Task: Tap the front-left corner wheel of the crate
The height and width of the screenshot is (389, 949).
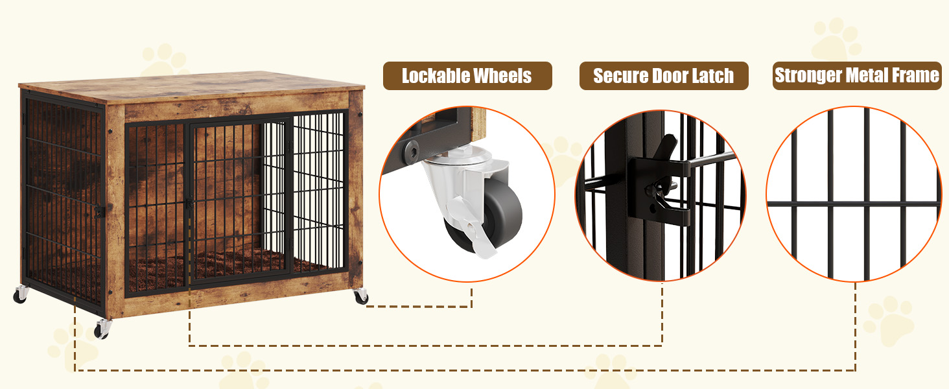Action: [x=102, y=329]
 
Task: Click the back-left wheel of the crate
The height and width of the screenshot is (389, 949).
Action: [x=20, y=295]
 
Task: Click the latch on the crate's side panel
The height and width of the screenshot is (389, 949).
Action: [x=99, y=211]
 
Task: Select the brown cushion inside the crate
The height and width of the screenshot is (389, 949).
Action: [x=214, y=269]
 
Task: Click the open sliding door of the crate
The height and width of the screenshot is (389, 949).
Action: [x=318, y=194]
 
